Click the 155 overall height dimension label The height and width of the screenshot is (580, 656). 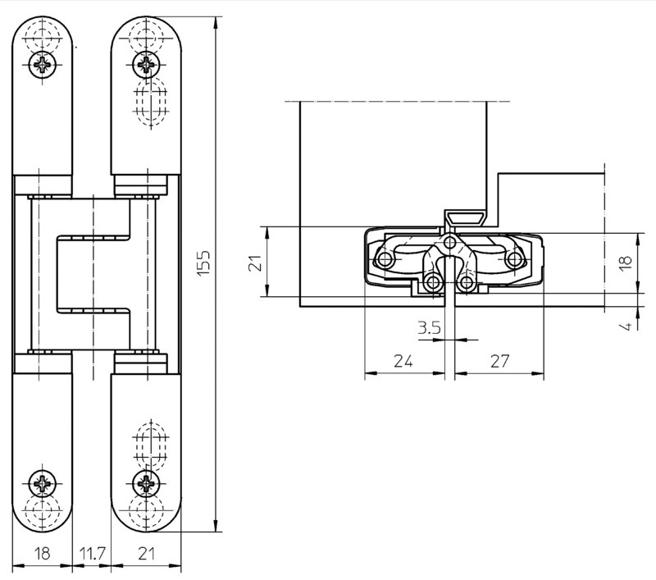(203, 263)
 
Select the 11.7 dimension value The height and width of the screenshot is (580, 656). (93, 553)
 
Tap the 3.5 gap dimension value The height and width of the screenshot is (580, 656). (429, 327)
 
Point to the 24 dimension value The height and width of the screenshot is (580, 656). (403, 361)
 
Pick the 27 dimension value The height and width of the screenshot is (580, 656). (499, 361)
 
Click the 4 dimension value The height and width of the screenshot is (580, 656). (626, 326)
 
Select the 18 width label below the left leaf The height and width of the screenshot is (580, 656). (42, 553)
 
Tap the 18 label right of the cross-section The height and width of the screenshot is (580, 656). (625, 263)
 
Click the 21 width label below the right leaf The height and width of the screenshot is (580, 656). (147, 553)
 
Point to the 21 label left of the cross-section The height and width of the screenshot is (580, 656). (256, 263)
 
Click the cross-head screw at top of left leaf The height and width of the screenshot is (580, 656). (43, 65)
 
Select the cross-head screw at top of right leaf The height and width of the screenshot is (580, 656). (146, 65)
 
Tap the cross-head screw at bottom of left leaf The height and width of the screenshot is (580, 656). (43, 484)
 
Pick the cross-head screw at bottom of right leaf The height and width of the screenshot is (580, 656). (146, 484)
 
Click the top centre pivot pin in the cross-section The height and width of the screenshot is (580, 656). (449, 241)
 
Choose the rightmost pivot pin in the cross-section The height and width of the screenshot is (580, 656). (514, 260)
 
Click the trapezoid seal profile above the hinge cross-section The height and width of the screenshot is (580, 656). (465, 218)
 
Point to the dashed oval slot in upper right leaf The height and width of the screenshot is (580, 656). (152, 103)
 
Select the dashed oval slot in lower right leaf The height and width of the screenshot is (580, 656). (152, 445)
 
